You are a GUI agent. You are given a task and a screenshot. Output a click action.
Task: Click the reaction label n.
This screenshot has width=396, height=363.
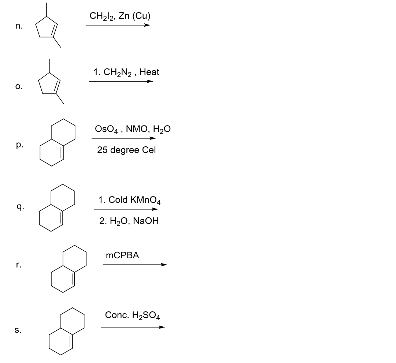(19, 26)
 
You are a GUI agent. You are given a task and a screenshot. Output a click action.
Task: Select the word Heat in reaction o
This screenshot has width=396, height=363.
(149, 72)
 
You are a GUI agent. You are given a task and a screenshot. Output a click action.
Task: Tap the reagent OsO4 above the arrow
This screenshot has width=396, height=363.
(106, 129)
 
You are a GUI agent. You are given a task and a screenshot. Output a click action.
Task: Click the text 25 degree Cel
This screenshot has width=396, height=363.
(126, 150)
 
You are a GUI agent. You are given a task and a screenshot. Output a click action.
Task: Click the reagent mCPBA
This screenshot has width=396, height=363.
(122, 255)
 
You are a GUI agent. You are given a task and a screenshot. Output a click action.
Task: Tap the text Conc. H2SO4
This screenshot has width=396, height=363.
(132, 315)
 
